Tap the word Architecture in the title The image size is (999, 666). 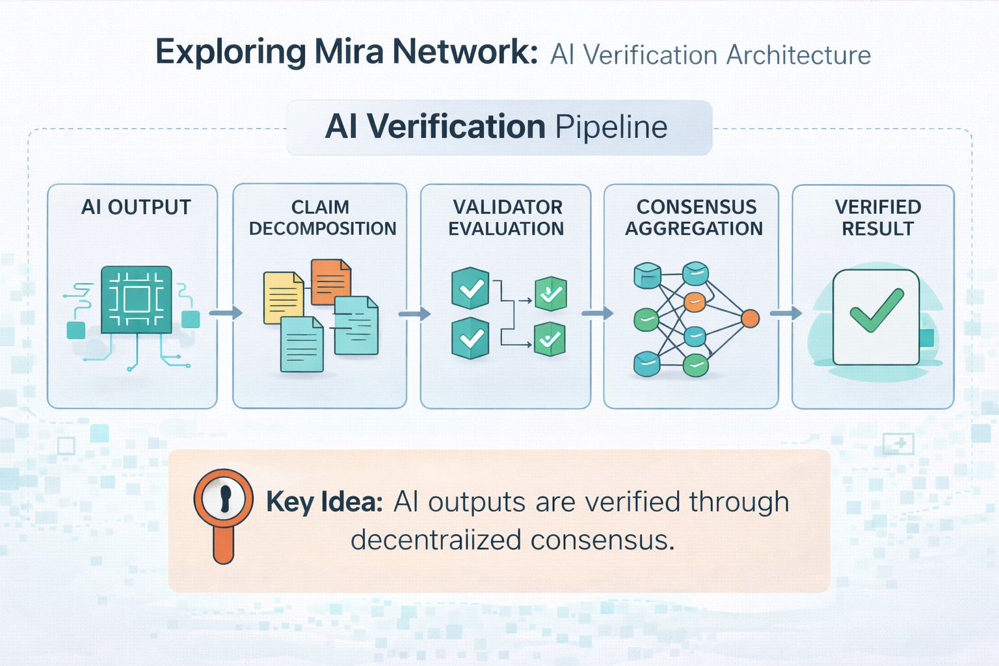[x=799, y=55]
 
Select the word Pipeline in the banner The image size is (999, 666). [x=611, y=127]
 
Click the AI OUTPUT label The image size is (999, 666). [x=136, y=207]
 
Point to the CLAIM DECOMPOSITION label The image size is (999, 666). [x=322, y=218]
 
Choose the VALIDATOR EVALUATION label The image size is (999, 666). [x=507, y=218]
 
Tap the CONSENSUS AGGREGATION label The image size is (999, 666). [x=695, y=218]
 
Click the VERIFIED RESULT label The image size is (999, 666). [x=877, y=218]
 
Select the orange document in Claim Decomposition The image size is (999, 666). [x=330, y=282]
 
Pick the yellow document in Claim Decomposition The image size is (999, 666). [x=283, y=297]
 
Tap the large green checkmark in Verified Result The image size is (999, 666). [x=876, y=310]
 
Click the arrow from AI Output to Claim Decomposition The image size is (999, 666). [x=226, y=313]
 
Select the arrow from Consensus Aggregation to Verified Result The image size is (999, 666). [x=786, y=313]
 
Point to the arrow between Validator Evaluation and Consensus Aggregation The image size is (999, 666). [x=597, y=313]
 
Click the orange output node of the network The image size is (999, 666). [x=750, y=319]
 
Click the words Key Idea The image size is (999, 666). [x=324, y=502]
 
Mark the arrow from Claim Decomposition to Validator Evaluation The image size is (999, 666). [x=414, y=314]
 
